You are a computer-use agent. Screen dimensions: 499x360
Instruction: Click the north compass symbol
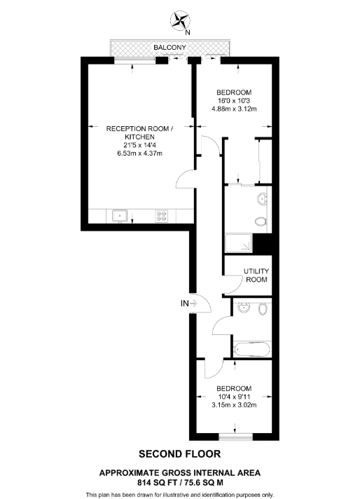(x=182, y=20)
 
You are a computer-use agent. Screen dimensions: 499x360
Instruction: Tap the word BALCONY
(x=170, y=47)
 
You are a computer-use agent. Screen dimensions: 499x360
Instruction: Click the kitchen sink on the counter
(x=119, y=217)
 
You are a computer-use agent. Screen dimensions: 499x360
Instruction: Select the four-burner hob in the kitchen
(x=162, y=217)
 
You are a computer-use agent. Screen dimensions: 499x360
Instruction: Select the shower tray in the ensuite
(x=238, y=243)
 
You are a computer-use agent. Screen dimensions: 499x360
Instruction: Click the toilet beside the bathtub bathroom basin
(x=264, y=309)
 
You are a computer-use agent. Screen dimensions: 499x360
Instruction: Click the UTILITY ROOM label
(x=256, y=275)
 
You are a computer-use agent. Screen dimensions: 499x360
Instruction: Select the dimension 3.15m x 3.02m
(x=234, y=404)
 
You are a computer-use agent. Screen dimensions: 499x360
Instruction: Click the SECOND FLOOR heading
(x=180, y=453)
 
